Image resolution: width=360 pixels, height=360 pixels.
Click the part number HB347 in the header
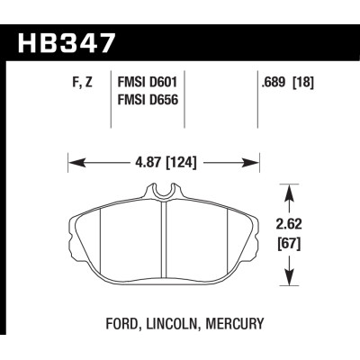click(67, 42)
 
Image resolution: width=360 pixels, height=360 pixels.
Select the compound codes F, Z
click(82, 83)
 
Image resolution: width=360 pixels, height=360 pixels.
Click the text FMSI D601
click(148, 83)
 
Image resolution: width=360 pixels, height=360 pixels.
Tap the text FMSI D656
click(148, 100)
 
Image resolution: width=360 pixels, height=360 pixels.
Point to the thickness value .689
click(273, 83)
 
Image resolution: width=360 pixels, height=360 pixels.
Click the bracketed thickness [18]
click(303, 83)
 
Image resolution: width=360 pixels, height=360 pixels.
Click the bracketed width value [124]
click(182, 163)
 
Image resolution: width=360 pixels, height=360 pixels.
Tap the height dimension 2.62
click(289, 224)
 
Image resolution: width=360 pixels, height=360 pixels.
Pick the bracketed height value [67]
click(289, 244)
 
